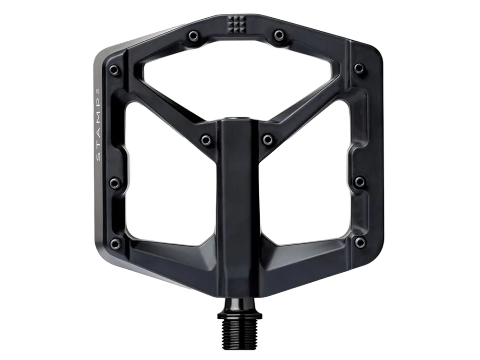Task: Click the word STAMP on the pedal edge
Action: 98,129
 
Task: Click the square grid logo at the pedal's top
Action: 236,24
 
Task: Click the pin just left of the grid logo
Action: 193,36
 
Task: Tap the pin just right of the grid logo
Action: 279,35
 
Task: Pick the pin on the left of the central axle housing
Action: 206,140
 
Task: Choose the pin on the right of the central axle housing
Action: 268,140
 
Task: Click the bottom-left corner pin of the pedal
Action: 115,244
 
